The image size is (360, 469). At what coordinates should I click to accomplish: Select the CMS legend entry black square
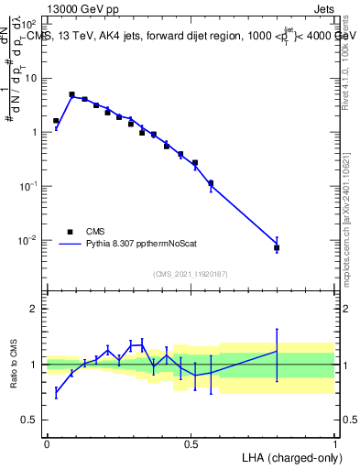pyautogui.click(x=69, y=232)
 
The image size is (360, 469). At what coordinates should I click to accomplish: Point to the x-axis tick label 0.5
pyautogui.click(x=191, y=442)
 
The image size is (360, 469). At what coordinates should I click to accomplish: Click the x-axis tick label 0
pyautogui.click(x=47, y=442)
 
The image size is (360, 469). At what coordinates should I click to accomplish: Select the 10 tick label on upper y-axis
pyautogui.click(x=30, y=78)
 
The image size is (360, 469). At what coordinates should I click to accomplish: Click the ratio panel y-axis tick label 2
pyautogui.click(x=34, y=309)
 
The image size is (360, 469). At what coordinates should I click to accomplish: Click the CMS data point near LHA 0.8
pyautogui.click(x=277, y=248)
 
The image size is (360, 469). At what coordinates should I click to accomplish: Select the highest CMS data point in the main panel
pyautogui.click(x=71, y=94)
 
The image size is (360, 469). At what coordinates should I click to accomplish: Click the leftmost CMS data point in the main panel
pyautogui.click(x=56, y=121)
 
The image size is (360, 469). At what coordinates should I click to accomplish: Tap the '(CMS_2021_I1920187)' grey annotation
pyautogui.click(x=191, y=273)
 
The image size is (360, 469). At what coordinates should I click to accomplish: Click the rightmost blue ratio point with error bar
pyautogui.click(x=277, y=351)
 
